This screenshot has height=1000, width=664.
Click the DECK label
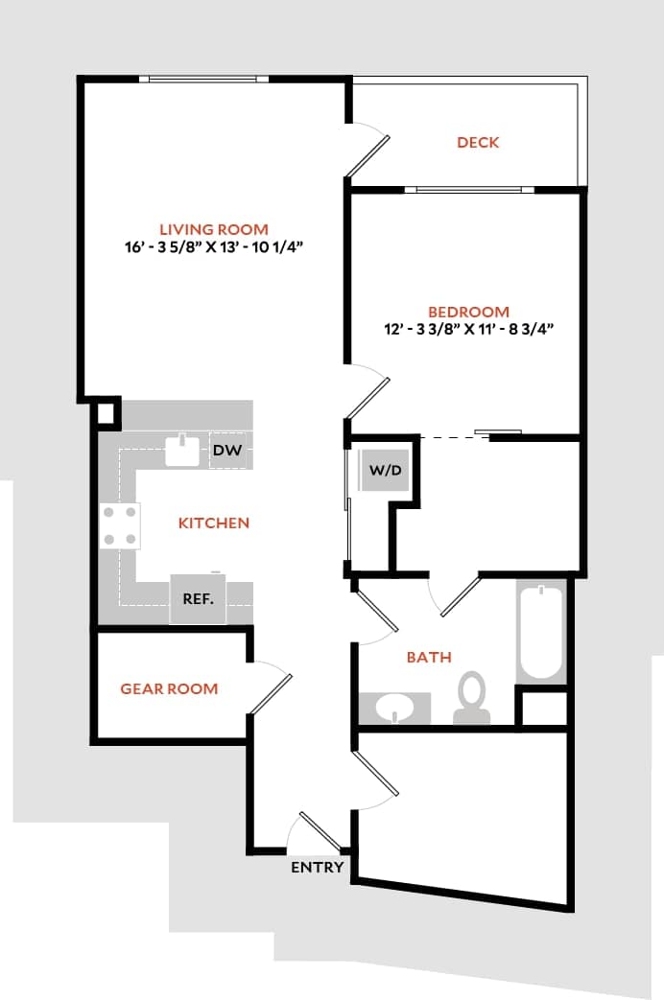click(x=478, y=143)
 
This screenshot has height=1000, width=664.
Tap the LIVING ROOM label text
click(x=214, y=229)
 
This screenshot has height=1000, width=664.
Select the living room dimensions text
click(x=214, y=246)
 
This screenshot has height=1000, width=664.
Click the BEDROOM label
click(x=468, y=312)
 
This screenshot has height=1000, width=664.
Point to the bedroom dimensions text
click(x=468, y=329)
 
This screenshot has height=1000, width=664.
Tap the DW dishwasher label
click(x=226, y=450)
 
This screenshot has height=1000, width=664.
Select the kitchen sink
click(x=181, y=450)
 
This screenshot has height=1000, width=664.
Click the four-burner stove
click(x=120, y=525)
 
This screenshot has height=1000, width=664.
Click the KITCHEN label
click(x=214, y=523)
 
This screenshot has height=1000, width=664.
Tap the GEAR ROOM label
click(x=169, y=688)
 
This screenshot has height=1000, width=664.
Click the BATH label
click(x=429, y=658)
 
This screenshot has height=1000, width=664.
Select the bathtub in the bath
click(x=540, y=632)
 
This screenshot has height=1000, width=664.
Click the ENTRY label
click(x=317, y=868)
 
